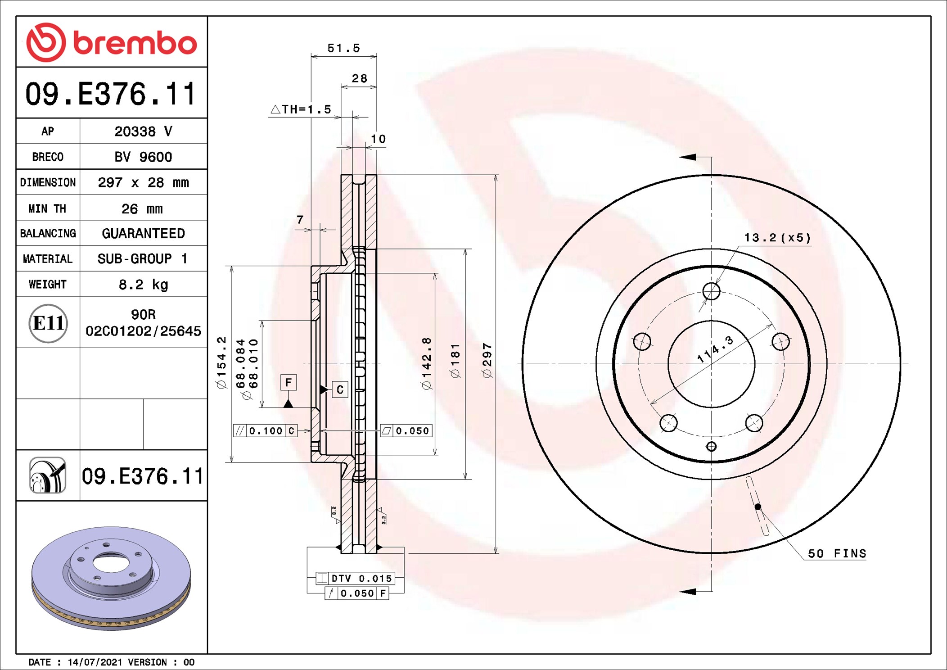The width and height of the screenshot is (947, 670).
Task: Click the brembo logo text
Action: point(135,44)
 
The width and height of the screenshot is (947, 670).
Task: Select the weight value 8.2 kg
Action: point(143,285)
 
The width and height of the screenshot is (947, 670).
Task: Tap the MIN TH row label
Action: point(47,208)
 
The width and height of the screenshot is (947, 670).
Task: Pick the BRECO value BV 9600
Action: point(143,157)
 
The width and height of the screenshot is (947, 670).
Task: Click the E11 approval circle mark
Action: point(48,323)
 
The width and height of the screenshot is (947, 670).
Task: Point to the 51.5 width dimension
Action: point(344,48)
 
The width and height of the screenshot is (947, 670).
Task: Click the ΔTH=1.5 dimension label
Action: point(301,109)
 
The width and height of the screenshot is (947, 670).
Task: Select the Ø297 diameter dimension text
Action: point(487,360)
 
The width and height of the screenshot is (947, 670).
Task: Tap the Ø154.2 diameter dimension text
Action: point(221,362)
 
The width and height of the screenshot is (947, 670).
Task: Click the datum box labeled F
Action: point(289,382)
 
